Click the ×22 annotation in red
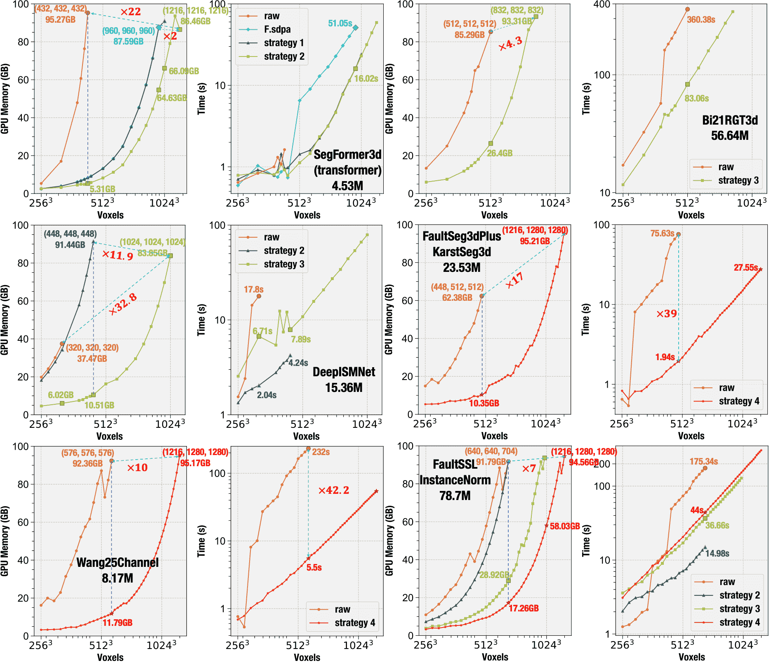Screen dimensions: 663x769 (130, 12)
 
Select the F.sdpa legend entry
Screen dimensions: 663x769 (277, 29)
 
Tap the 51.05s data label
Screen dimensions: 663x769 (340, 24)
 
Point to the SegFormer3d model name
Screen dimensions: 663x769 (347, 155)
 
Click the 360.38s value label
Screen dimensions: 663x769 (701, 20)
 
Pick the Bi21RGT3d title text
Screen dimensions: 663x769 (730, 120)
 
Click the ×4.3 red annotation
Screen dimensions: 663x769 (510, 43)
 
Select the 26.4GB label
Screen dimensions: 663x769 (499, 153)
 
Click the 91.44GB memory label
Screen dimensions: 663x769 (70, 245)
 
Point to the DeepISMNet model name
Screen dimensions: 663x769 (344, 372)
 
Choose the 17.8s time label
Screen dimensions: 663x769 (253, 290)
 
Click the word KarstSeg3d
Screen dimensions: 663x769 (462, 252)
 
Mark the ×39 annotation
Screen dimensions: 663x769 (667, 314)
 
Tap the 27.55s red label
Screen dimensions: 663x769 (745, 268)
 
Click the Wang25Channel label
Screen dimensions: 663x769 (118, 563)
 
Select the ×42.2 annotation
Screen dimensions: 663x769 (333, 491)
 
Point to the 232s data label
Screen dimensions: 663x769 (321, 452)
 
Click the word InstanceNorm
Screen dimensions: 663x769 (455, 480)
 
